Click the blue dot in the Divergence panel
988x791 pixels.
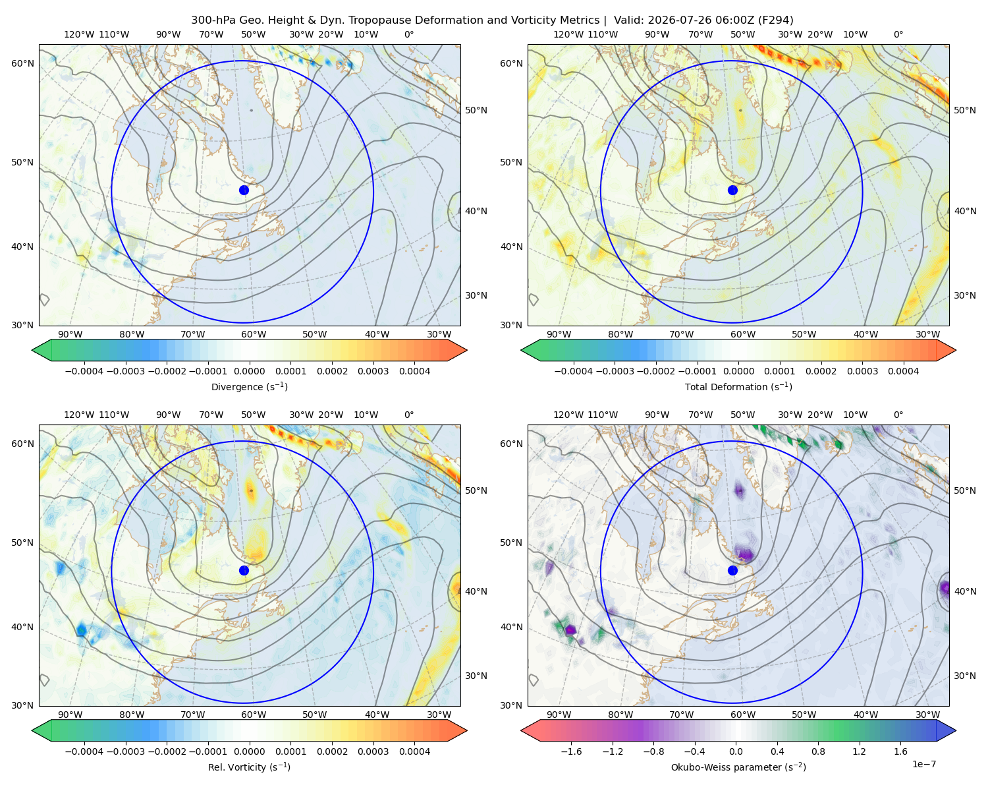click(x=244, y=190)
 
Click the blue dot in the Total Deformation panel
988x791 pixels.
click(x=732, y=190)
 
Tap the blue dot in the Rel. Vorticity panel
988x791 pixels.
click(x=244, y=570)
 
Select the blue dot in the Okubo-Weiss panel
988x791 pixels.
click(x=732, y=570)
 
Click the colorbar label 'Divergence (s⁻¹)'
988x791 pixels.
click(x=249, y=386)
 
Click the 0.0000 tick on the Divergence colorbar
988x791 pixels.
click(x=249, y=371)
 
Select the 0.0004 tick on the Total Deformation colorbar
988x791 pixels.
click(x=903, y=371)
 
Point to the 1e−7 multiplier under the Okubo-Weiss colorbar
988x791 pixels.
click(x=923, y=764)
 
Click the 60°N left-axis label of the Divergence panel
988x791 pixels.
click(x=22, y=63)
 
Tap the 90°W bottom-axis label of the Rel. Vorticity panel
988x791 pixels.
click(x=70, y=715)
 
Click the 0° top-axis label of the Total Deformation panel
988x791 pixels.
click(x=898, y=34)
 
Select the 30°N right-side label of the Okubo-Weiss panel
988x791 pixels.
click(x=965, y=675)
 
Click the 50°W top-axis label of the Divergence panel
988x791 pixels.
click(x=254, y=34)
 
